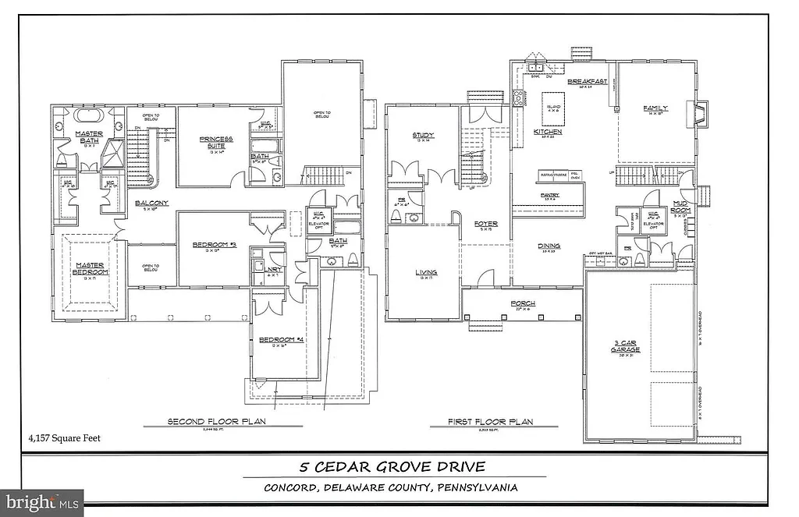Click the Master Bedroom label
(x=90, y=267)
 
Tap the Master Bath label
(x=90, y=136)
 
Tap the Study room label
(x=424, y=136)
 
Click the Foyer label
(x=486, y=225)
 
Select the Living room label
(x=425, y=272)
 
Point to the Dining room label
(x=549, y=246)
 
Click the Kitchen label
(x=548, y=132)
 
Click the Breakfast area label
(x=587, y=81)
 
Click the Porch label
(x=522, y=303)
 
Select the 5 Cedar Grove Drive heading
(x=393, y=467)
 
